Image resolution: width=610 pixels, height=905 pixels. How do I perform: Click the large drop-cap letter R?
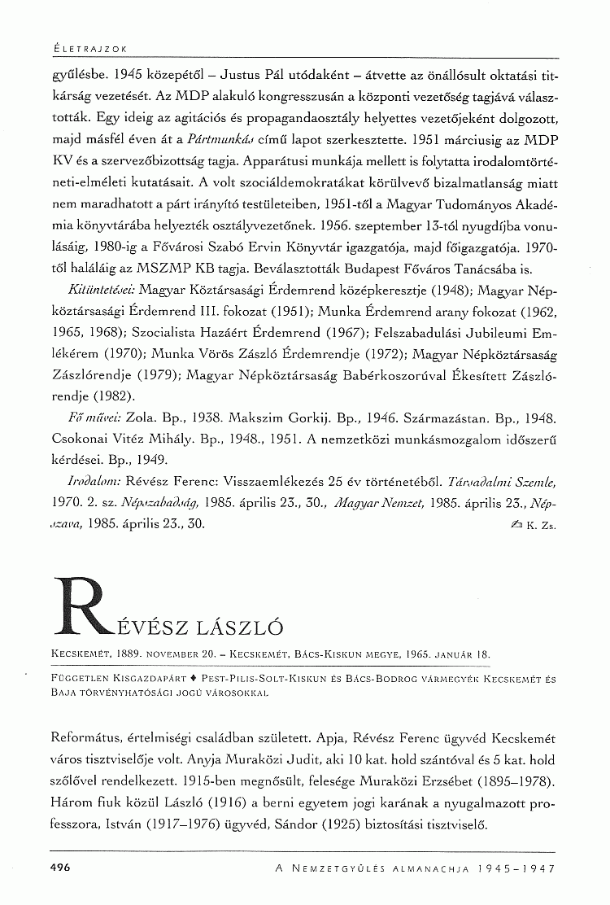point(81,607)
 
